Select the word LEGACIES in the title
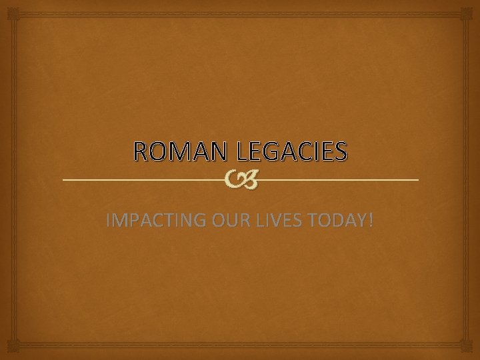[x=288, y=152]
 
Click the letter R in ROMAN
[x=142, y=152]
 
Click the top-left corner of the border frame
[x=7, y=7]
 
